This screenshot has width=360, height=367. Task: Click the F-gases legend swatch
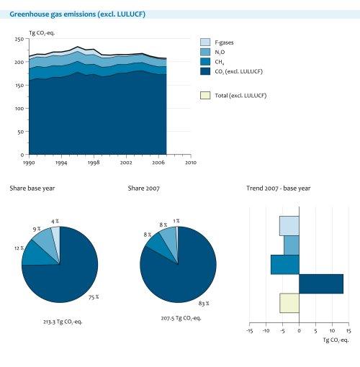[205, 42]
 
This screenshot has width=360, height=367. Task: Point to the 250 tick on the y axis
[18, 40]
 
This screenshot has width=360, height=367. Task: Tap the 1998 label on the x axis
[93, 163]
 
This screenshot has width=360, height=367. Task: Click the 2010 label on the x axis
[190, 163]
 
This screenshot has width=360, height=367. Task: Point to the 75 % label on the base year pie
[93, 296]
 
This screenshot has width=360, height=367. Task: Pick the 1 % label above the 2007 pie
[176, 221]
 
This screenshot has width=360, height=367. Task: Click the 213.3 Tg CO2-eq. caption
[63, 322]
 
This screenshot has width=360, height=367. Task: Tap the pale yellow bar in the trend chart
[289, 303]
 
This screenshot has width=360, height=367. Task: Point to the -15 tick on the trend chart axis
[248, 331]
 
